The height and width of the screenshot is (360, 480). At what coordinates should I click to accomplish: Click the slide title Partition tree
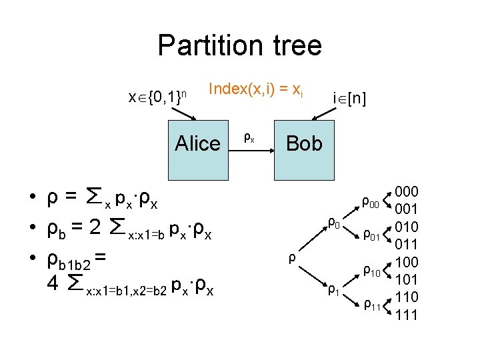point(239,46)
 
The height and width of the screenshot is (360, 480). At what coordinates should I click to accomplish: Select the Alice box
point(197,143)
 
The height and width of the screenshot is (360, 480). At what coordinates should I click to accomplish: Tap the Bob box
point(304,143)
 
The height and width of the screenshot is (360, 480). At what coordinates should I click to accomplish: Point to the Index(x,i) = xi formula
point(256,88)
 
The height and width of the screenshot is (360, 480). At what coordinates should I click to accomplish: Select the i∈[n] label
point(349,99)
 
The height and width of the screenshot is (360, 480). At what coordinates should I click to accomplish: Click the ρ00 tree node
point(370,201)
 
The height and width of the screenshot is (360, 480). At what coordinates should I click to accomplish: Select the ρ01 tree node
point(370,235)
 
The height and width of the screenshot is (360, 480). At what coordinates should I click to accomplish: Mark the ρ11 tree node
point(370,306)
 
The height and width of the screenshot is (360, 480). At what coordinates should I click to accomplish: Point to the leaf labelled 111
point(406,314)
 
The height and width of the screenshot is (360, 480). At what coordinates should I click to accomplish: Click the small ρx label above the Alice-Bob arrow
point(248,138)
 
